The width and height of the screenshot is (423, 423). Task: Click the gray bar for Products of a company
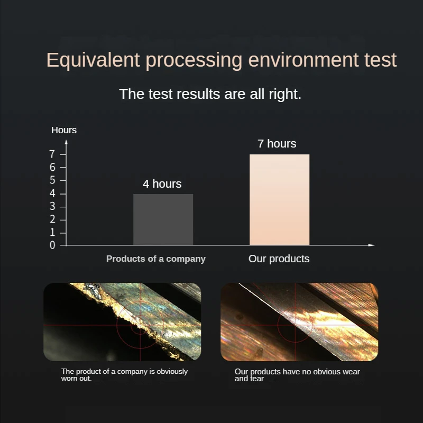tap(163, 219)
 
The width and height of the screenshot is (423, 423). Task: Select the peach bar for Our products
tap(280, 200)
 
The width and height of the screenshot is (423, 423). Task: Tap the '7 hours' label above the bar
tap(277, 144)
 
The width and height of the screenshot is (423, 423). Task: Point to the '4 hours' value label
tap(162, 184)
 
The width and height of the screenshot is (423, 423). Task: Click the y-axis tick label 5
tap(52, 180)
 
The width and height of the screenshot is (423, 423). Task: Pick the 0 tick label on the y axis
tap(52, 245)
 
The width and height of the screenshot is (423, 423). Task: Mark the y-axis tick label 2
tap(52, 219)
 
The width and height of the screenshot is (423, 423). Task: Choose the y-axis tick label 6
tap(52, 168)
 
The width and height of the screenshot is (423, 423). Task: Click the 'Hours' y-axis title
tap(64, 130)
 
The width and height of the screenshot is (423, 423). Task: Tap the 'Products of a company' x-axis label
tap(156, 259)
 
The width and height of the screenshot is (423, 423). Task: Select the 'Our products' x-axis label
tap(279, 259)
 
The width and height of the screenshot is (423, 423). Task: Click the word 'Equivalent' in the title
tap(93, 60)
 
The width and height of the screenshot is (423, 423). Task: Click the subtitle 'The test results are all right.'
tap(210, 94)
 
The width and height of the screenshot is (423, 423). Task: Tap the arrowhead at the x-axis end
tap(372, 245)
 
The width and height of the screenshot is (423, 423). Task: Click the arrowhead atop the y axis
tap(67, 142)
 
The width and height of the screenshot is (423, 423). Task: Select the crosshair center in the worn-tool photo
tap(140, 325)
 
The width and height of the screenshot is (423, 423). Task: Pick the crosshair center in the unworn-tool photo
tap(295, 325)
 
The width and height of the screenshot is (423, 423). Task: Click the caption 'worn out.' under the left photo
tap(76, 379)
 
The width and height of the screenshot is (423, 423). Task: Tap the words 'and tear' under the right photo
tap(249, 379)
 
